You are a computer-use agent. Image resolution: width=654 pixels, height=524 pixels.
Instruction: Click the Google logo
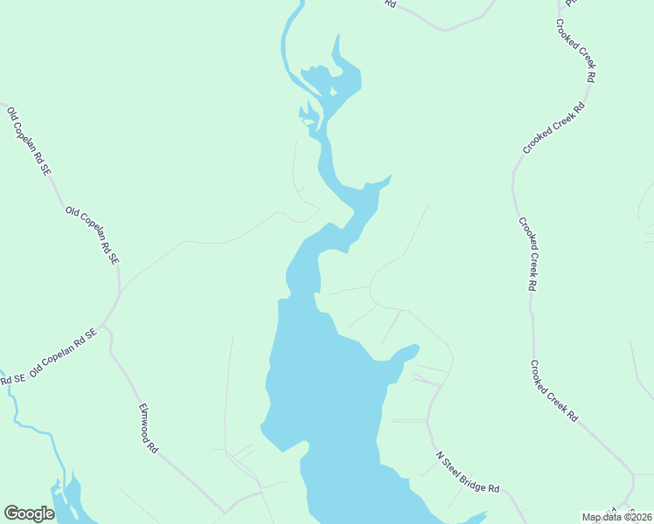30,514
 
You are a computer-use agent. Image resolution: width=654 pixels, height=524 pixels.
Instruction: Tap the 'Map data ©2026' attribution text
617,517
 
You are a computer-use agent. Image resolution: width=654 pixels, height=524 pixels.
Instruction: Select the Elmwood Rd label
148,428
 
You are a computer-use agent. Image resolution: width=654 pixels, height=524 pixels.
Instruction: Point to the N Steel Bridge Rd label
468,473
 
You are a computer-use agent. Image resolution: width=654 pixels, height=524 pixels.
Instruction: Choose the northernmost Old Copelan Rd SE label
28,141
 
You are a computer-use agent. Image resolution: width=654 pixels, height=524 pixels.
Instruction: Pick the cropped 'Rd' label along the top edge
390,4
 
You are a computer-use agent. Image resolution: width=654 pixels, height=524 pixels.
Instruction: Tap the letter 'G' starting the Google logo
10,514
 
